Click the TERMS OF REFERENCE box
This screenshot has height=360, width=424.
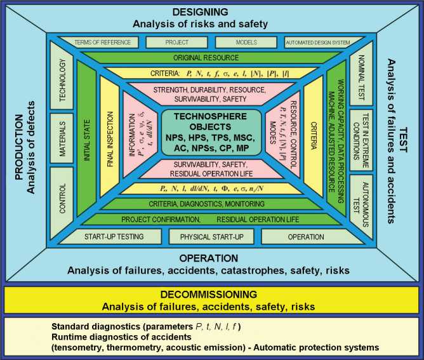(x=102, y=43)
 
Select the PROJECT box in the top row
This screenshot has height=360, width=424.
(x=177, y=43)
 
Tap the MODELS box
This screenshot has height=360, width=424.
(x=246, y=43)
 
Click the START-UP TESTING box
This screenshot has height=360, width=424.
(x=114, y=237)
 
